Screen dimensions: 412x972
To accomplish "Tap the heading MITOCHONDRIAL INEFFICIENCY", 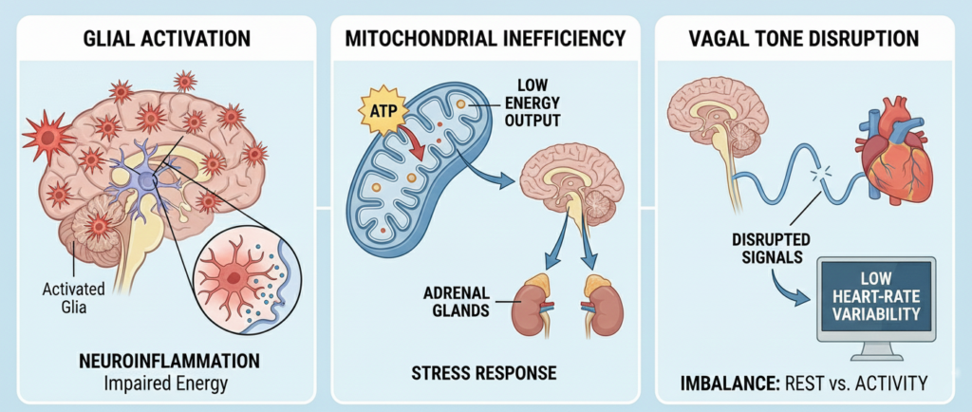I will pos(485,39).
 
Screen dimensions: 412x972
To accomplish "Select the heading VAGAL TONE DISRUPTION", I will pos(805,39).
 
